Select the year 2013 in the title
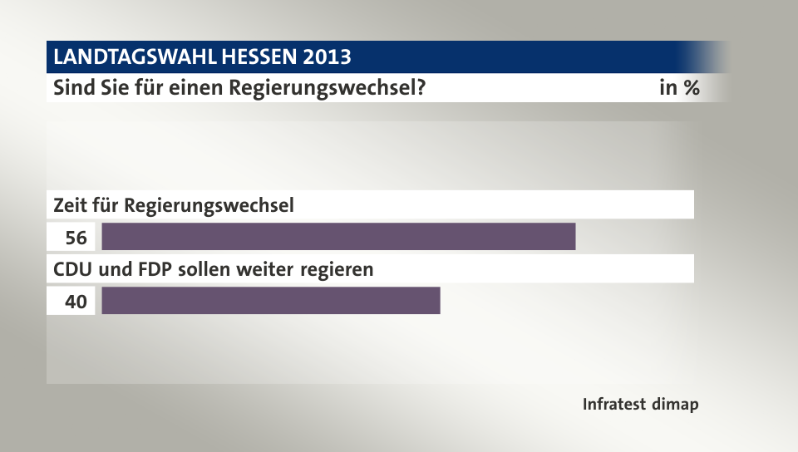pos(328,57)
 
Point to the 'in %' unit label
pos(679,88)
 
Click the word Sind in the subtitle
pos(71,88)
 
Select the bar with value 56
pos(338,237)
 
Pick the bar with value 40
pos(270,301)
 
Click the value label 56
pos(76,238)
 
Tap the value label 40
pos(76,302)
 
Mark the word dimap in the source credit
pos(676,405)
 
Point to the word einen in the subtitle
pos(202,88)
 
